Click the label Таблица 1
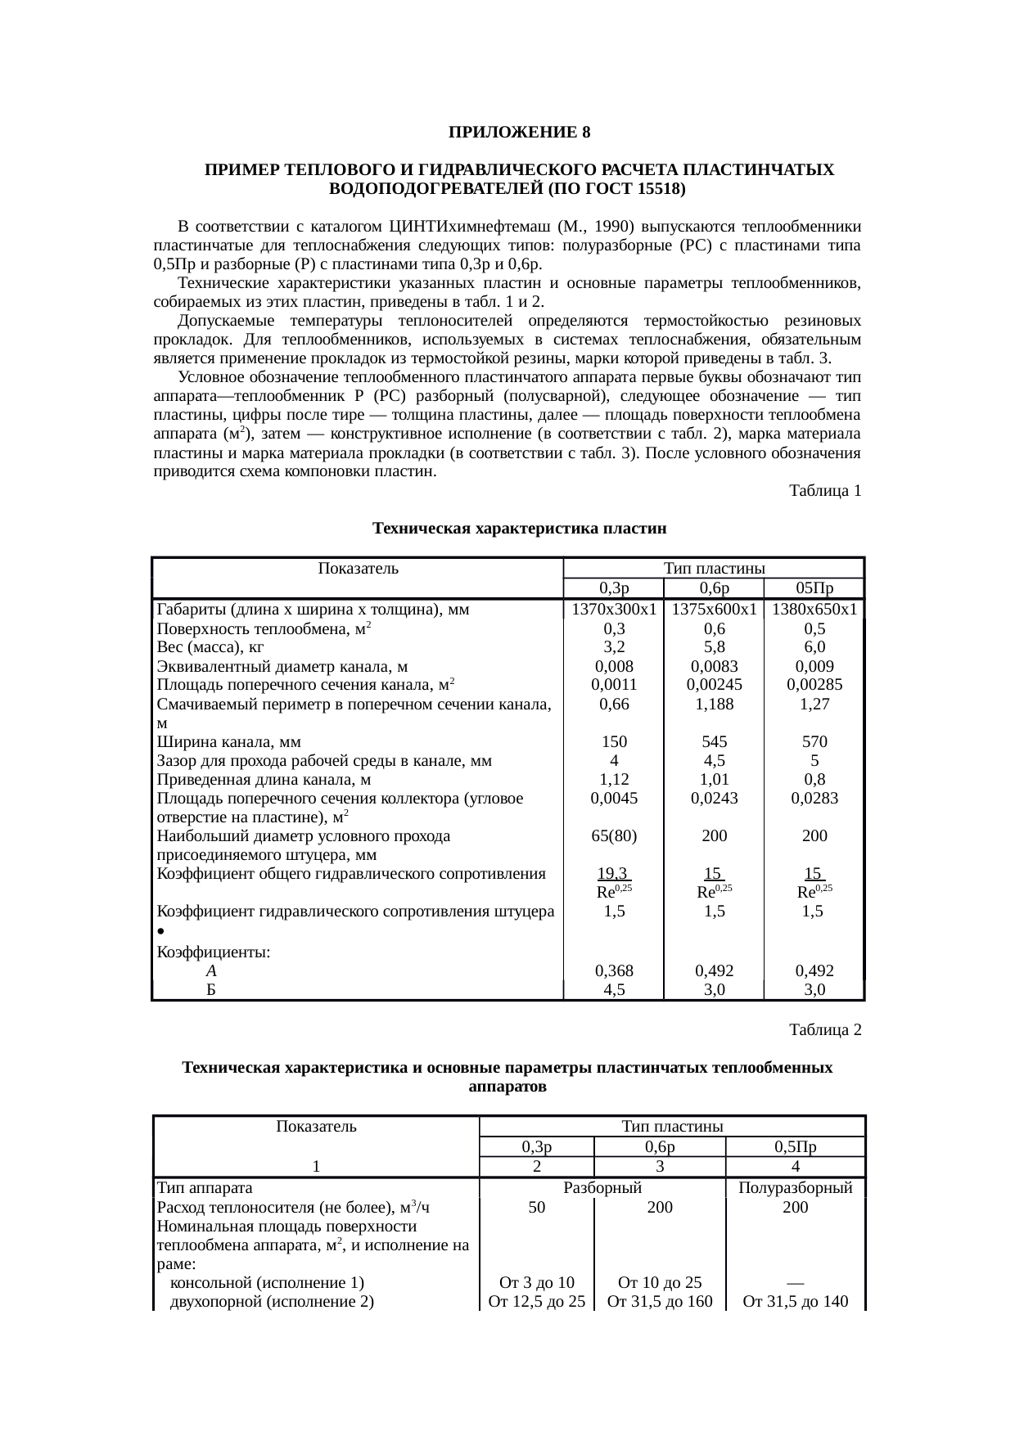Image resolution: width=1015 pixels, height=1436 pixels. (x=824, y=491)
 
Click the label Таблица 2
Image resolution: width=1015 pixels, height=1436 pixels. (x=824, y=1029)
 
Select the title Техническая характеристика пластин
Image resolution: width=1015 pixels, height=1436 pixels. (x=519, y=529)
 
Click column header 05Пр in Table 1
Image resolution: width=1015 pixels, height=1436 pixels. (x=814, y=588)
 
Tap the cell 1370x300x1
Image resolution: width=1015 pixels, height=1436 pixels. (x=614, y=610)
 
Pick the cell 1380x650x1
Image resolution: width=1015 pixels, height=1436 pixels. (x=814, y=610)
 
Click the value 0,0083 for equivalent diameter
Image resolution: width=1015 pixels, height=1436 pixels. (x=714, y=666)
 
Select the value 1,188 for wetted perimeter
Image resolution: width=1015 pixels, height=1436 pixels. (x=714, y=704)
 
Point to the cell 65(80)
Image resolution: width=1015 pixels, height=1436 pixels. (x=614, y=836)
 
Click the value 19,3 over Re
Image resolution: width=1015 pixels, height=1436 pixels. (x=614, y=874)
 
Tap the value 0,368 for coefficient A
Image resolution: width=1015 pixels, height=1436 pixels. (x=614, y=971)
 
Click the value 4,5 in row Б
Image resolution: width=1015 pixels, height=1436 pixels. (x=614, y=989)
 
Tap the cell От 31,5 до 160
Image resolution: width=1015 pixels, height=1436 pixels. (x=660, y=1301)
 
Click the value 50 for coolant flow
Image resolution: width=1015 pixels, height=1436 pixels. (x=536, y=1207)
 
